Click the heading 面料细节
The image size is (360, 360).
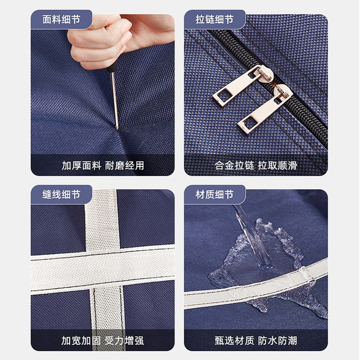[x=61, y=20]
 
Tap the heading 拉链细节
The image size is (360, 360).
[x=214, y=20]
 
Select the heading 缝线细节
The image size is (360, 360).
[x=61, y=195]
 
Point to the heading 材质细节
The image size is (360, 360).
[x=214, y=195]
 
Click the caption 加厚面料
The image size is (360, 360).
[x=81, y=165]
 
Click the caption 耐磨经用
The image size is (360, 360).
[x=124, y=165]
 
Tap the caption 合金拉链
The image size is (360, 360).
[x=235, y=165]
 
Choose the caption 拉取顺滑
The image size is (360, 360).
[x=277, y=165]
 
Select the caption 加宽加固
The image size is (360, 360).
[x=81, y=340]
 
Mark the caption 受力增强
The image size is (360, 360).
[x=124, y=340]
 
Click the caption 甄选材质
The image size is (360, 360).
[x=235, y=340]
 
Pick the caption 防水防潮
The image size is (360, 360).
[x=277, y=340]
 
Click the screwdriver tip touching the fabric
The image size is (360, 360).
[x=117, y=128]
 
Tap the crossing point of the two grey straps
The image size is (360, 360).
[x=103, y=269]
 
